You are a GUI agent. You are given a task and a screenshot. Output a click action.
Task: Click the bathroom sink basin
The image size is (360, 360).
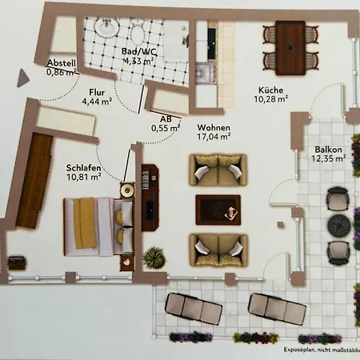pyautogui.click(x=106, y=26)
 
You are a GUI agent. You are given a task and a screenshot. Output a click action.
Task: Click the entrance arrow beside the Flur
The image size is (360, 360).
pyautogui.click(x=22, y=78)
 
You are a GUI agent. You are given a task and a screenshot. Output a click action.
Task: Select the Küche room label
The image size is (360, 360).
pyautogui.click(x=270, y=90)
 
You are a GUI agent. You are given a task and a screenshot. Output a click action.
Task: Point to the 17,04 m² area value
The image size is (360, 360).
pyautogui.click(x=214, y=137)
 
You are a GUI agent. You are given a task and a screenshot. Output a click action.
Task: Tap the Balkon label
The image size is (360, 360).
pyautogui.click(x=328, y=150)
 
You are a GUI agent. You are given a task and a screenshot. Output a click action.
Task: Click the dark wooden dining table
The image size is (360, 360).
pyautogui.click(x=290, y=48)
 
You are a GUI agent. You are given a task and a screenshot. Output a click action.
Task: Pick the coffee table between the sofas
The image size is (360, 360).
pyautogui.click(x=218, y=210)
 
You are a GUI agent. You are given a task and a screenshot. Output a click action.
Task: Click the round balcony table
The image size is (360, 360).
pyautogui.click(x=339, y=225)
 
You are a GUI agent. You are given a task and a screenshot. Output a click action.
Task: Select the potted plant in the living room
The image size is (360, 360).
pyautogui.click(x=154, y=257)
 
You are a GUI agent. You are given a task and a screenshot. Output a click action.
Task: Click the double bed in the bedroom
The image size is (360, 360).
pyautogui.click(x=98, y=226)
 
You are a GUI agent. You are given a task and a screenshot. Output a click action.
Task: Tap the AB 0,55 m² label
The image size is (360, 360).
pyautogui.click(x=166, y=124)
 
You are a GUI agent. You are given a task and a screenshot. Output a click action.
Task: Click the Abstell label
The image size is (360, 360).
pyautogui.click(x=62, y=63)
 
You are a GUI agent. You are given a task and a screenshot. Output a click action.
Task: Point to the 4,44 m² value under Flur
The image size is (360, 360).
pyautogui.click(x=97, y=102)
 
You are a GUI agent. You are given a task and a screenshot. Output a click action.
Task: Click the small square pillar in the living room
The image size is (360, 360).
pyautogui.click(x=281, y=225)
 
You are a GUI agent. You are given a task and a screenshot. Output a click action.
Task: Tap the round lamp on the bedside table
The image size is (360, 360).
pyautogui.click(x=127, y=190)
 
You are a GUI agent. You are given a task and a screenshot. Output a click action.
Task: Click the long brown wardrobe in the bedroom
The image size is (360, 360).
pyautogui.click(x=34, y=181)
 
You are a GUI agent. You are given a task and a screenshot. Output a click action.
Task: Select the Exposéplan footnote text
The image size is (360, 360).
pyautogui.click(x=322, y=350)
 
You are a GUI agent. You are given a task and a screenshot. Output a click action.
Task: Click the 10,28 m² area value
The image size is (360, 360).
pyautogui.click(x=270, y=99)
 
